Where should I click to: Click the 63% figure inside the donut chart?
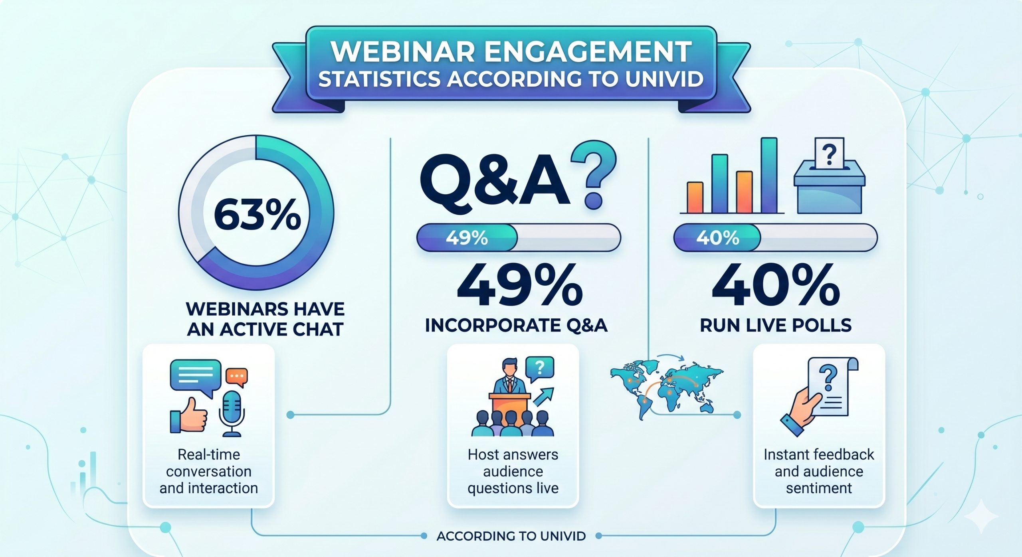coord(257,215)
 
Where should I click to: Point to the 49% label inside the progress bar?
coord(467,238)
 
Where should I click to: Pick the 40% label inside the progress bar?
coord(717,238)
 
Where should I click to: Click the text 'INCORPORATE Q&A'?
coord(516,326)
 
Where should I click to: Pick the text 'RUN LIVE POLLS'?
coord(776,326)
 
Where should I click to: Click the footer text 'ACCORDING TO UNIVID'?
coord(511,536)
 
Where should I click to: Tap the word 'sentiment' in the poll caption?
coord(819,488)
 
